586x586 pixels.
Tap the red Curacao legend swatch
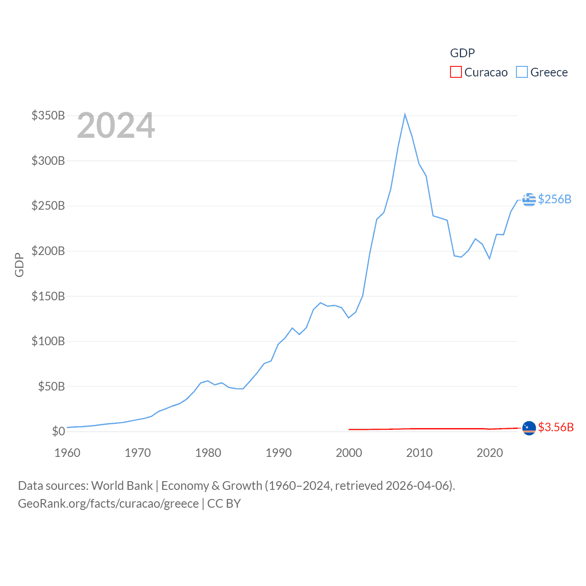click(456, 72)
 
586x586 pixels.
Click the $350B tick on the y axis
click(48, 115)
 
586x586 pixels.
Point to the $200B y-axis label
click(48, 251)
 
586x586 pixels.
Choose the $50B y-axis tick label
click(51, 386)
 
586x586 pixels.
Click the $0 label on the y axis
click(59, 431)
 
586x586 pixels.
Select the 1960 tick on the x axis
click(67, 453)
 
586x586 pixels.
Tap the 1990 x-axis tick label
click(278, 453)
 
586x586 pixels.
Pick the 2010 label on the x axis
click(419, 453)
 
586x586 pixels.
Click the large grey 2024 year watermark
click(116, 125)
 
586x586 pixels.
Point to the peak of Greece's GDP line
click(405, 114)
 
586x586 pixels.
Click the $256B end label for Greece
click(554, 199)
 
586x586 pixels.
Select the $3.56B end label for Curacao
click(556, 427)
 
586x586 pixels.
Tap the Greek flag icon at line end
click(529, 200)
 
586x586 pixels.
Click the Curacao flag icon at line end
click(529, 428)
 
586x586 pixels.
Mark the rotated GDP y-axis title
click(19, 265)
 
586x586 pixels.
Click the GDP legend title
click(462, 53)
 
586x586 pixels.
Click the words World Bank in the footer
click(122, 486)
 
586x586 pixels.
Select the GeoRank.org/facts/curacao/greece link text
click(109, 504)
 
